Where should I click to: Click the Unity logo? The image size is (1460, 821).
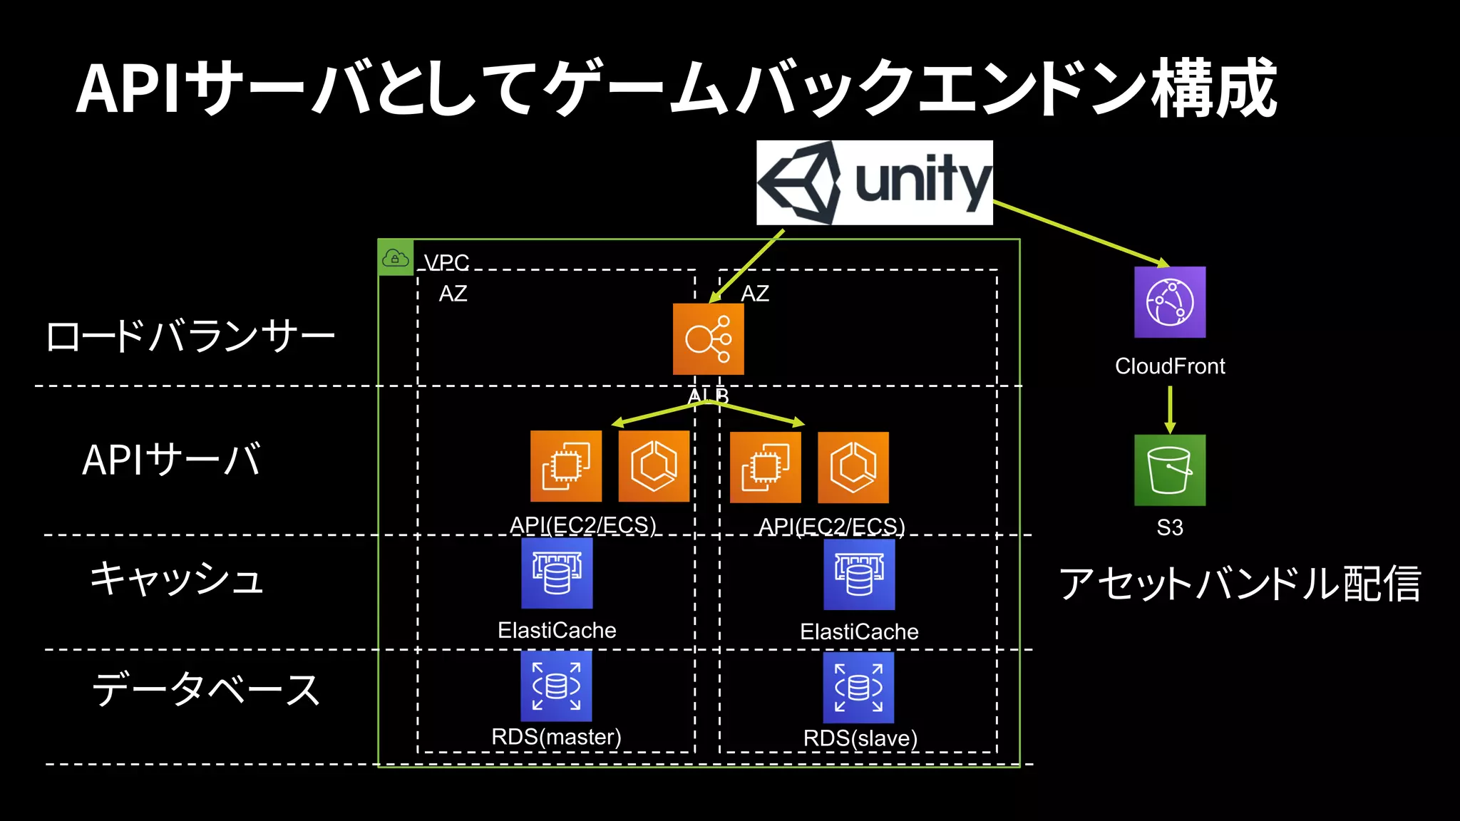pos(874,182)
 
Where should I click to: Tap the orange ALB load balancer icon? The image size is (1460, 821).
pos(708,339)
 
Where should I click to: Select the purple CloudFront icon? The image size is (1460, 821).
pos(1170,302)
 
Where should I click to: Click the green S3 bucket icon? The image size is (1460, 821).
pos(1170,470)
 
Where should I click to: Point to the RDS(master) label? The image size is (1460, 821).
pos(556,737)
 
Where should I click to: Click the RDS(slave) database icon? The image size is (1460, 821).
pos(858,688)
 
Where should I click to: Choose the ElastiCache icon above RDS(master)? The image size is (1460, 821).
pos(557,573)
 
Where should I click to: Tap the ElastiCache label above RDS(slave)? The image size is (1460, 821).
pos(859,631)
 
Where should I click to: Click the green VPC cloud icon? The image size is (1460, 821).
pos(396,258)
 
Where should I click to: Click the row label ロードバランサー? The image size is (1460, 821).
pos(190,336)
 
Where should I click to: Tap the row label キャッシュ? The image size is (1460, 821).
pos(177,579)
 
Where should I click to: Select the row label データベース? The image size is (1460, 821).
pos(206,689)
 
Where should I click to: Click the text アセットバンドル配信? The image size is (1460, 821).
pos(1240,584)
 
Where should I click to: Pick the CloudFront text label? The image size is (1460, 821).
pos(1170,366)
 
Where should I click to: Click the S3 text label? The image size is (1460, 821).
pos(1170,527)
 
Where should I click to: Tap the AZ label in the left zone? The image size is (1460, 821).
pos(453,294)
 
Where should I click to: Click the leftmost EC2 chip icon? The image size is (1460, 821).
pos(565,467)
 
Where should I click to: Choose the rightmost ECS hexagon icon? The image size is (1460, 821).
pos(853,468)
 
